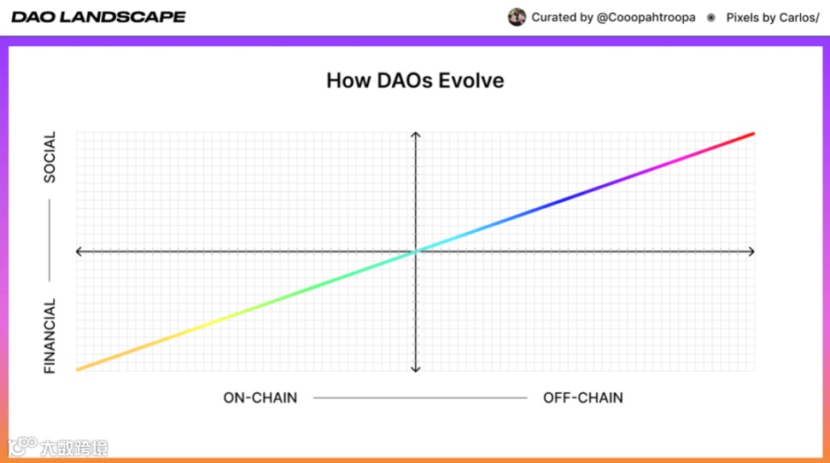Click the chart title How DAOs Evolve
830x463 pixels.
click(415, 81)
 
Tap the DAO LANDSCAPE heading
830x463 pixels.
click(98, 17)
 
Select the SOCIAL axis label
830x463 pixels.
click(50, 158)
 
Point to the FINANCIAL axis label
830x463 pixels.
click(50, 336)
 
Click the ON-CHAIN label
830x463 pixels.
click(260, 397)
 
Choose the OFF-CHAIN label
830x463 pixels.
click(583, 397)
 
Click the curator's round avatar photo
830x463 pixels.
click(517, 17)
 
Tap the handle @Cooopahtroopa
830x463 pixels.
click(646, 17)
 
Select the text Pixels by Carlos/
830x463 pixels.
click(772, 17)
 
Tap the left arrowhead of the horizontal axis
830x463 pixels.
click(79, 252)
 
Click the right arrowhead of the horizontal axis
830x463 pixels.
click(752, 252)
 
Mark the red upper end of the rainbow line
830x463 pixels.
click(753, 134)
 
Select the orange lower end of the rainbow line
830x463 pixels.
click(78, 369)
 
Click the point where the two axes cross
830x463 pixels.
click(416, 252)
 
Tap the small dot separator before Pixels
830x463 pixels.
click(711, 17)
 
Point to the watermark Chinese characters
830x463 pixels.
click(74, 449)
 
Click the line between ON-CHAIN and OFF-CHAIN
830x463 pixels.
click(420, 397)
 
